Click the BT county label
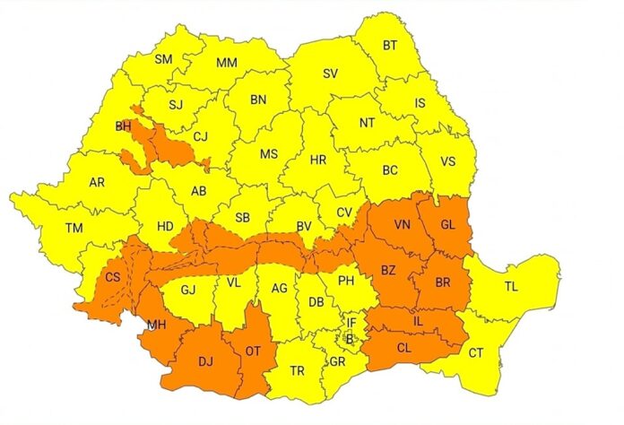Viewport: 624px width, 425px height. pyautogui.click(x=390, y=45)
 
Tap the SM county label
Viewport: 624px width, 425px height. pyautogui.click(x=163, y=60)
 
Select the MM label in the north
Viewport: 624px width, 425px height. pyautogui.click(x=227, y=64)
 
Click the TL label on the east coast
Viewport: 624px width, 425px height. pyautogui.click(x=511, y=288)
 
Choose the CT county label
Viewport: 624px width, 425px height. pyautogui.click(x=475, y=353)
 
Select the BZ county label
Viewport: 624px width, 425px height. pyautogui.click(x=389, y=270)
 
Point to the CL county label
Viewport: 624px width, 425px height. pyautogui.click(x=405, y=344)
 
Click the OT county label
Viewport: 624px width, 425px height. pyautogui.click(x=253, y=351)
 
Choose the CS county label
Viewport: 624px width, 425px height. pyautogui.click(x=113, y=278)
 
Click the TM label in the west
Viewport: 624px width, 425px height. pyautogui.click(x=74, y=228)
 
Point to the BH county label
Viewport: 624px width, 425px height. pyautogui.click(x=123, y=126)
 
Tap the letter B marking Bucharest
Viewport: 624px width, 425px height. pyautogui.click(x=350, y=339)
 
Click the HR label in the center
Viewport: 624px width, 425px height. pyautogui.click(x=318, y=160)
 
